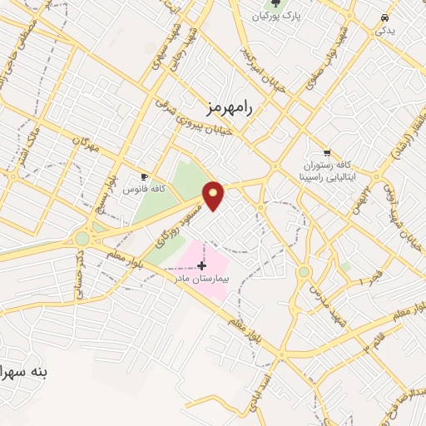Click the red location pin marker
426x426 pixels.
[214, 195]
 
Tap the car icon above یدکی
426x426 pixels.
[384, 18]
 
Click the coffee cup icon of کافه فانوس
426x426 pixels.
[144, 176]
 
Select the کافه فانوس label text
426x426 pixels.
[144, 189]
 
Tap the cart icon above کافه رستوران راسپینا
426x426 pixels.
[326, 153]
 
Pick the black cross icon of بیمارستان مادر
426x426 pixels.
[201, 265]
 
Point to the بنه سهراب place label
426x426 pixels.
[25, 372]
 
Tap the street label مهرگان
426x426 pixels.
[85, 144]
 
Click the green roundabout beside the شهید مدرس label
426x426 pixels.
[305, 271]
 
